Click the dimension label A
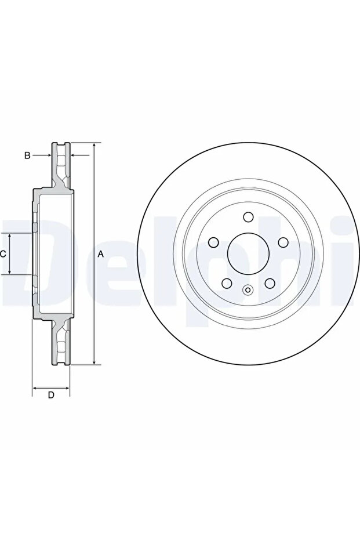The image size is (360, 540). coord(100,253)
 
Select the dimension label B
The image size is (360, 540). coord(26,155)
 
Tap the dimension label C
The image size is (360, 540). coord(3,253)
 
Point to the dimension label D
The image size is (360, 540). coord(51,395)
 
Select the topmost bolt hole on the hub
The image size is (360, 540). coord(248,217)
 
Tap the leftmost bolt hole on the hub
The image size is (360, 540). coord(213,242)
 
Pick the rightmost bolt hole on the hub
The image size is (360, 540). coord(283,242)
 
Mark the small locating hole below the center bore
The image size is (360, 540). coord(248,291)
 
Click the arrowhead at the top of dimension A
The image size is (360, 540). coord(94,146)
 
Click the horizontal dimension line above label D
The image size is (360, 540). coord(51,387)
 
